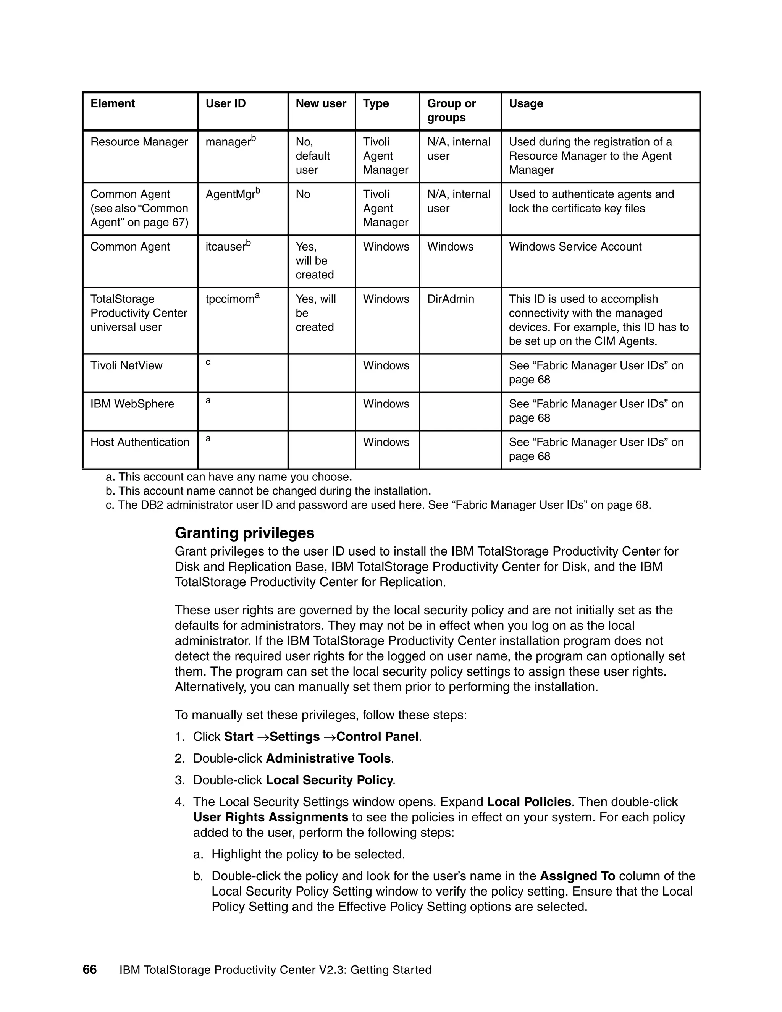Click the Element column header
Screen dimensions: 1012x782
tap(113, 103)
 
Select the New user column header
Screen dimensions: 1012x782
tap(321, 103)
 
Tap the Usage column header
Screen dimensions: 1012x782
tap(526, 103)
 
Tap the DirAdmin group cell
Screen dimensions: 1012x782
tap(450, 299)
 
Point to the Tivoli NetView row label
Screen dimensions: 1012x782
tap(126, 365)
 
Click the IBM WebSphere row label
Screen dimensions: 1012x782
tap(132, 404)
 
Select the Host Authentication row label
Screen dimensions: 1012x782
tap(140, 442)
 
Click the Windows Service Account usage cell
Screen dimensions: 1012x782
tap(575, 247)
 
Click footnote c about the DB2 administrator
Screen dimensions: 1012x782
tap(378, 504)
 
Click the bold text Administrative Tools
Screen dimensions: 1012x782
tap(328, 758)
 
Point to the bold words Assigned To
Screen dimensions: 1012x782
tap(577, 876)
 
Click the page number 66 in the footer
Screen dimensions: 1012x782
tap(89, 970)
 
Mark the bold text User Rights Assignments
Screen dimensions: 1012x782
tap(271, 817)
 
